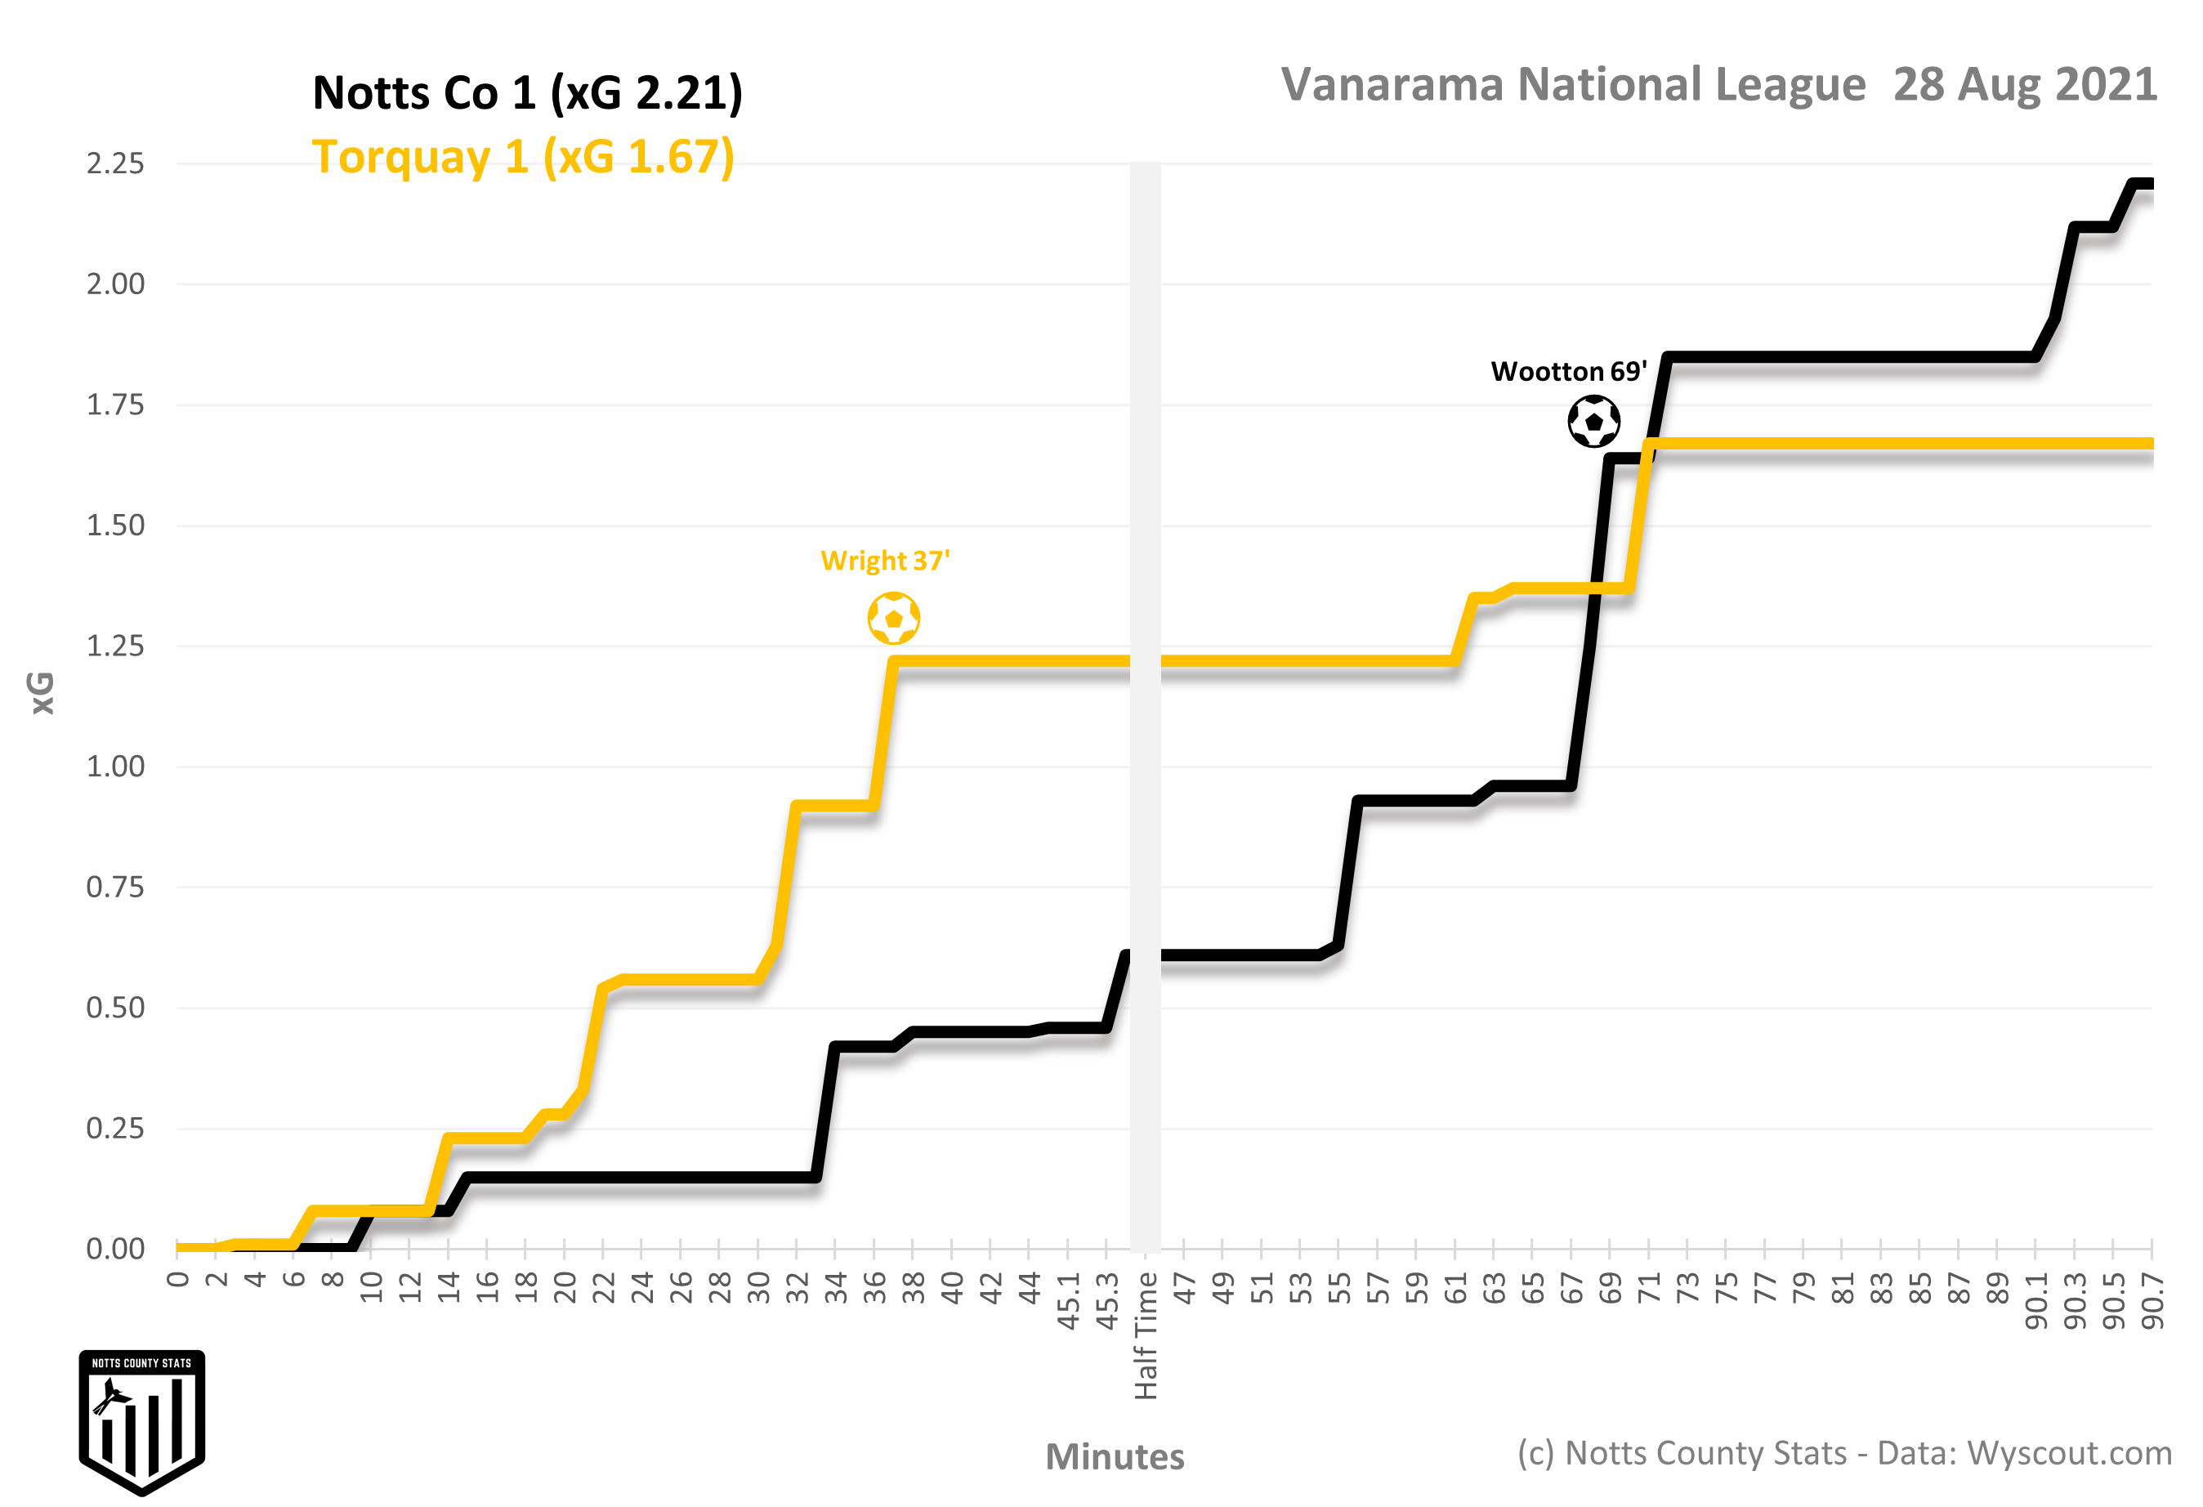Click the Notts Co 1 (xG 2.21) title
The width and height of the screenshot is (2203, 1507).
(x=527, y=93)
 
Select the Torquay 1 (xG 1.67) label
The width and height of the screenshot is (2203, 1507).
(x=523, y=158)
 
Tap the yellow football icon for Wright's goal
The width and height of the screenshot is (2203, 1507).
(x=893, y=618)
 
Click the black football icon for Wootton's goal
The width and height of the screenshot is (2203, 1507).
(x=1593, y=422)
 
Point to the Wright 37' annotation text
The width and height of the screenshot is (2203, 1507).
(x=884, y=561)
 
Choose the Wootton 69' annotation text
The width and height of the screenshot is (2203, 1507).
(x=1568, y=372)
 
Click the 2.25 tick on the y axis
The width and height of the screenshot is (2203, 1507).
(x=116, y=164)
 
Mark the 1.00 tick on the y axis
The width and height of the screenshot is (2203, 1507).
(x=116, y=767)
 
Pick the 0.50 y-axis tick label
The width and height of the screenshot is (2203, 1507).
(x=116, y=1008)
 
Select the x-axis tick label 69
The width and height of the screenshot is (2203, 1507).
(x=1611, y=1289)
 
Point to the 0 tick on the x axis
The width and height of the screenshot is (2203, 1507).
(x=177, y=1281)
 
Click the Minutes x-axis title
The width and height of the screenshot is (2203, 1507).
(x=1115, y=1457)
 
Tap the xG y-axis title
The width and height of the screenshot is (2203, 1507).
(x=42, y=693)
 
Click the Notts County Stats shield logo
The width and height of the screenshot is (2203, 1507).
(x=142, y=1422)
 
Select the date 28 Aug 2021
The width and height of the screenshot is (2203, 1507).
(x=2025, y=85)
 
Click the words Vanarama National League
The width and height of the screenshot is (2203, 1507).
(x=1573, y=85)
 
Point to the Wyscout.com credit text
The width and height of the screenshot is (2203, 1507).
(x=2068, y=1453)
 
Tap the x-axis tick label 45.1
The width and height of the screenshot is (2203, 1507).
(x=1068, y=1301)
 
